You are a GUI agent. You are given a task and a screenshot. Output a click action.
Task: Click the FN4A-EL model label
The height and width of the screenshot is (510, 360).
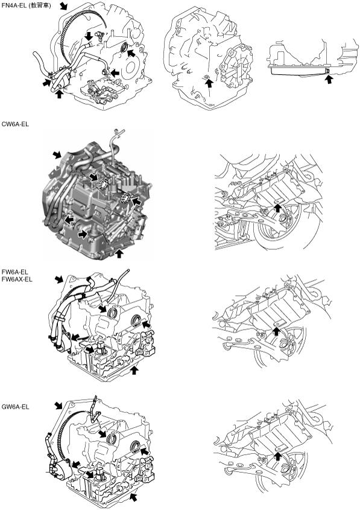pyautogui.click(x=14, y=5)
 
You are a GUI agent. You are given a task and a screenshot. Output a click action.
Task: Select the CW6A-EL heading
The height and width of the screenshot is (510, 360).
pyautogui.click(x=15, y=124)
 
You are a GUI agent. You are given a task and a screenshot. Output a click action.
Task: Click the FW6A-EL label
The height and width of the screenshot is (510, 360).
pyautogui.click(x=15, y=272)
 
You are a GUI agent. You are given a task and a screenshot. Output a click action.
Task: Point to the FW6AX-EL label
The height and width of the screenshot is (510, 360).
pyautogui.click(x=17, y=279)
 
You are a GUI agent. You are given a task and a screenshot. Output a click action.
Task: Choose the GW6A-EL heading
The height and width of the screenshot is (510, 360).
pyautogui.click(x=15, y=407)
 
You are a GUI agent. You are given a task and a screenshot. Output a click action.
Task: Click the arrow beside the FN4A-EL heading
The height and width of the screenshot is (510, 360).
pyautogui.click(x=65, y=5)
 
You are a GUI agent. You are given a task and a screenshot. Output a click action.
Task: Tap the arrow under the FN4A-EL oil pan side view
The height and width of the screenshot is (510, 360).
pyautogui.click(x=329, y=79)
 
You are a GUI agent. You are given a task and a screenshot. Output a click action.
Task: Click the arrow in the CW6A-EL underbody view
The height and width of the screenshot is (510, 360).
pyautogui.click(x=277, y=207)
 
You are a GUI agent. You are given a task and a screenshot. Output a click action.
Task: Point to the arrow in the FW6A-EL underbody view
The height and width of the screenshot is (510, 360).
pyautogui.click(x=276, y=331)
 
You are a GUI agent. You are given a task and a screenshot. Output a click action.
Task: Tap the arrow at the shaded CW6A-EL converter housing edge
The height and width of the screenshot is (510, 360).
pyautogui.click(x=57, y=155)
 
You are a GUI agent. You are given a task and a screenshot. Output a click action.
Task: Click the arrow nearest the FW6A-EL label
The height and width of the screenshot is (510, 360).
pyautogui.click(x=59, y=279)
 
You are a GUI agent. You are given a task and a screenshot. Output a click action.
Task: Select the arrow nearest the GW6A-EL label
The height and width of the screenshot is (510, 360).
pyautogui.click(x=58, y=405)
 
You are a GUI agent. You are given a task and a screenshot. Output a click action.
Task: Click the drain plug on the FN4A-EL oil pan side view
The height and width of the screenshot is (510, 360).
pyautogui.click(x=327, y=71)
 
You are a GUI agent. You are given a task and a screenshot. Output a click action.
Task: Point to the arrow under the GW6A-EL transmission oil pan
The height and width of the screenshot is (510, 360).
pyautogui.click(x=134, y=497)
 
